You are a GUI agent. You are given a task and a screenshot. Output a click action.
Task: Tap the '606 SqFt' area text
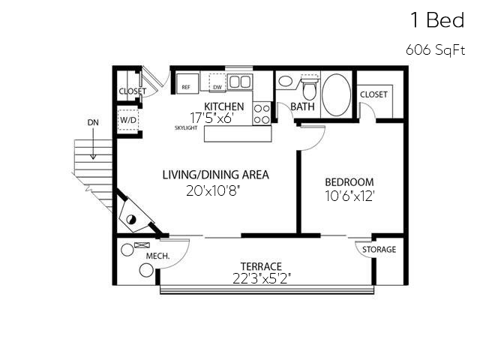[435, 50]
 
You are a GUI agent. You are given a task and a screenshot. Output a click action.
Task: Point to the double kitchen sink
[239, 82]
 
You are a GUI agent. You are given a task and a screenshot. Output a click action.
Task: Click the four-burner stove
[262, 113]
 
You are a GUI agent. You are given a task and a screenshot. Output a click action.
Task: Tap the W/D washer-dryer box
[127, 119]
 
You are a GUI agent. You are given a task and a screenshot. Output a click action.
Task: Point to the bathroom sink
[285, 81]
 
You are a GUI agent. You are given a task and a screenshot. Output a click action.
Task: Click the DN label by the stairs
[92, 121]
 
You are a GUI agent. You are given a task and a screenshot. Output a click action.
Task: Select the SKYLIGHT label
[186, 128]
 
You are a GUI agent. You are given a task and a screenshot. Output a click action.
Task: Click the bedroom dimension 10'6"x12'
[349, 196]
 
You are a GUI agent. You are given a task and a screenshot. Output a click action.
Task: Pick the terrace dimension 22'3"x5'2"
[261, 277]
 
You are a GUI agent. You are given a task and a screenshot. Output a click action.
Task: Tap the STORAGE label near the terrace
[379, 250]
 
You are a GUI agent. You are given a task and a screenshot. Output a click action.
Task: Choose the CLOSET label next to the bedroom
[373, 94]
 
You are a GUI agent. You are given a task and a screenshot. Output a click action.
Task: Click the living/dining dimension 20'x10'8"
[215, 190]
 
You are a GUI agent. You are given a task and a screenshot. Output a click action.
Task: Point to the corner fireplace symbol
[133, 218]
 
